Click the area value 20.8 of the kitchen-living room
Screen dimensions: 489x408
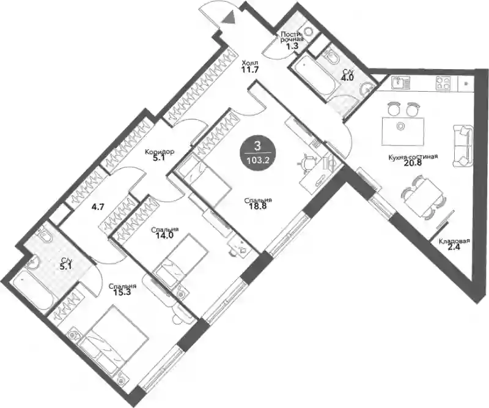[x=413, y=163]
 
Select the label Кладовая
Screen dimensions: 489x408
[x=454, y=241]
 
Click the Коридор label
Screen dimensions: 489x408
[x=160, y=152]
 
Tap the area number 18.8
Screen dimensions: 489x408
[x=257, y=206]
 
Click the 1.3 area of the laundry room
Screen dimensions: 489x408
[x=293, y=46]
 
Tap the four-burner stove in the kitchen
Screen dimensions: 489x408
[x=443, y=83]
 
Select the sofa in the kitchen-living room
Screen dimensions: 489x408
[x=462, y=146]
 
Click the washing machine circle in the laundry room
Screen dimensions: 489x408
[x=309, y=31]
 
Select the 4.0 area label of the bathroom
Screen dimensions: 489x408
[x=347, y=78]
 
